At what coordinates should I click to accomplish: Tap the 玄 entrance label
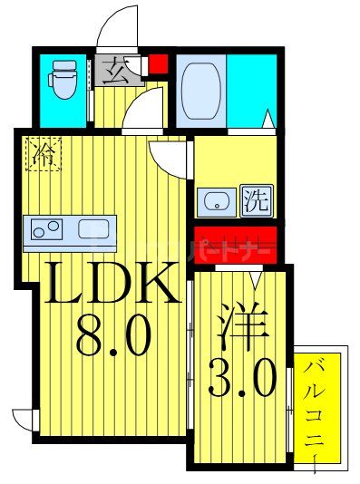tap(116, 70)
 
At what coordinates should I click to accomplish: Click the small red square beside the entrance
tap(159, 65)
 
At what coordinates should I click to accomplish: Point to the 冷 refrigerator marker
tap(44, 154)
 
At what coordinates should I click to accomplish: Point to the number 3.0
tap(241, 378)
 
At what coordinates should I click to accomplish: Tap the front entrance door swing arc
tap(118, 27)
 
